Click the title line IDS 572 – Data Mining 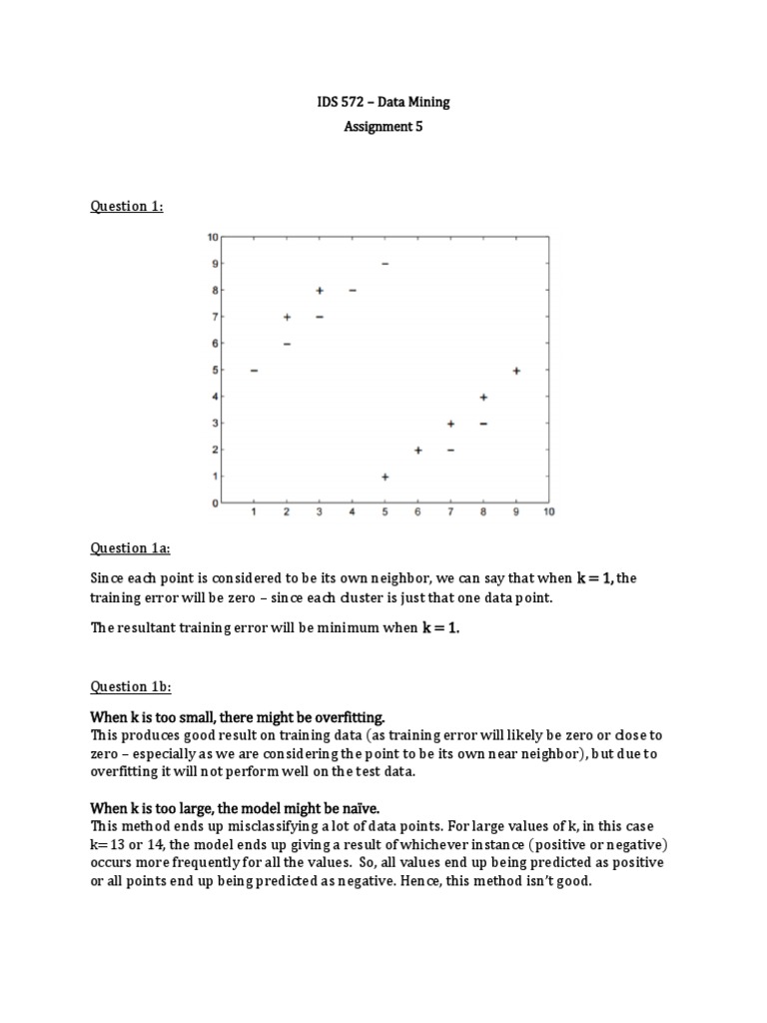(x=383, y=101)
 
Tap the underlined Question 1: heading (x=127, y=206)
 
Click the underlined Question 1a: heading (x=131, y=547)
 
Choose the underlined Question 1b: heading (x=131, y=686)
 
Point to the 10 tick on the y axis (x=212, y=237)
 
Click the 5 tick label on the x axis (x=384, y=512)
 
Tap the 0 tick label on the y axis (x=214, y=504)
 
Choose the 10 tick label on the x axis (x=548, y=512)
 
